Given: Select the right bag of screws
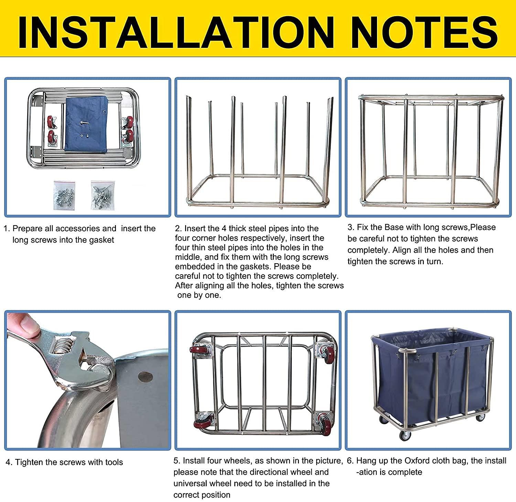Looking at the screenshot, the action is tap(103, 195).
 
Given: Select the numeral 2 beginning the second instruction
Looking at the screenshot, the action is tap(178, 228).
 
